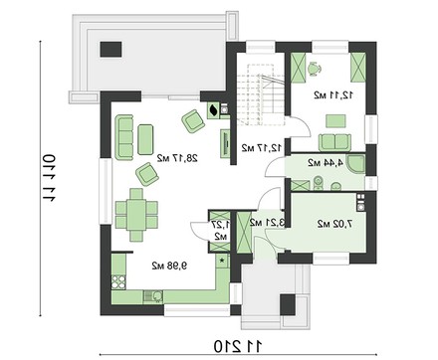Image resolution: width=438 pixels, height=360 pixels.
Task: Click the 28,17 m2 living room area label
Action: point(177,158)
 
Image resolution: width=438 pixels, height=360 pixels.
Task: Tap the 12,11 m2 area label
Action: point(333,95)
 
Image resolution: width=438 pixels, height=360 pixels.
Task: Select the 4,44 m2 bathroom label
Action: point(326,163)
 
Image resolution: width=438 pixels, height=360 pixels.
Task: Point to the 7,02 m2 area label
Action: point(334,224)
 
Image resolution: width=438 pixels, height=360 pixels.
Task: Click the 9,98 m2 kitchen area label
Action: point(169,266)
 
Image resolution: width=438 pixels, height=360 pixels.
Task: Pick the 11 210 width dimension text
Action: point(238,346)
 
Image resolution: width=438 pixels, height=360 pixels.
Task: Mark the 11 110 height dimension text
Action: point(49,178)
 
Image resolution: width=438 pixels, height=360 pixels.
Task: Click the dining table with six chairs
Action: point(136,215)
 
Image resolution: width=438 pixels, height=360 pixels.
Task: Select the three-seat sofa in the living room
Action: point(124,137)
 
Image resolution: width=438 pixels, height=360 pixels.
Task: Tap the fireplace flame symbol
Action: point(213,109)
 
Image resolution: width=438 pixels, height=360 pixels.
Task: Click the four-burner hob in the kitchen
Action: point(118,282)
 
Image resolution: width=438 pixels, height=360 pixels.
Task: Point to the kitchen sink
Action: point(153,296)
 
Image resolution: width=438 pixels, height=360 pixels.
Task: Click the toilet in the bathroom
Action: point(319,183)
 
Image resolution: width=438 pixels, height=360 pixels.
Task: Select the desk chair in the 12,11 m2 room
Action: point(314,69)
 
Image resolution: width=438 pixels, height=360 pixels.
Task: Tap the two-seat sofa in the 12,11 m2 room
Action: point(334,142)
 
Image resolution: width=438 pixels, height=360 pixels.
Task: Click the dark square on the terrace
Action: point(111,49)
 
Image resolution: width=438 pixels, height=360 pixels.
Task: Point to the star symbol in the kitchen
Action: point(222,260)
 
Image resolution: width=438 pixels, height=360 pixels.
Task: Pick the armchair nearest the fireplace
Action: point(193,121)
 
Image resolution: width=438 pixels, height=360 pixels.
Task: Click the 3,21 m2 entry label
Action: point(268,223)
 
